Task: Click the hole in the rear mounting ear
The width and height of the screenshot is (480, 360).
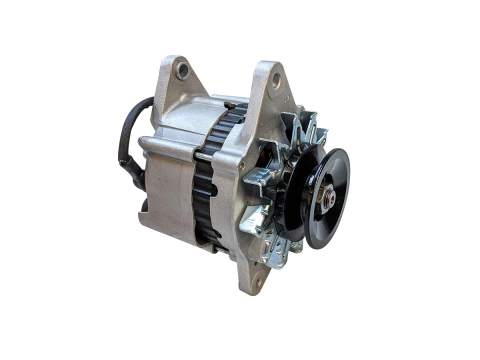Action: (x=181, y=72)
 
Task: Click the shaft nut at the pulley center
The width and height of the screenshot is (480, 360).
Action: (x=326, y=196)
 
